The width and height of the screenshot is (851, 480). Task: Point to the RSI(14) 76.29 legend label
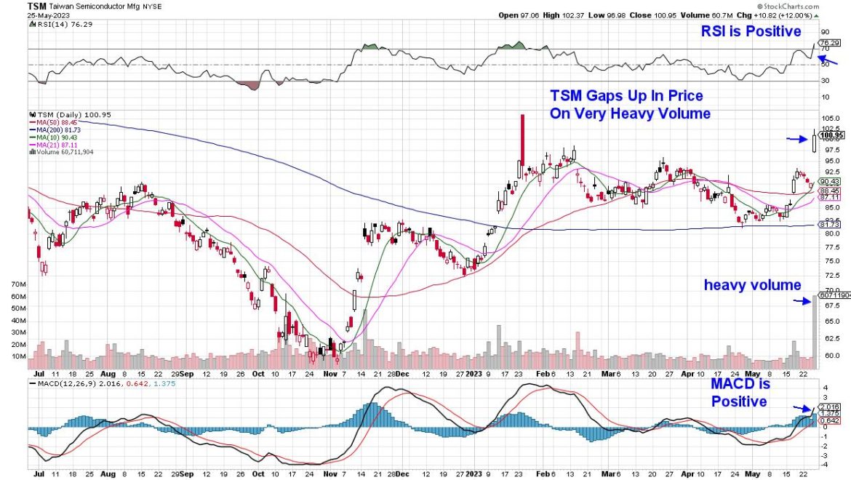pyautogui.click(x=58, y=25)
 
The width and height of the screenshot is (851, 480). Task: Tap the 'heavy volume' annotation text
pyautogui.click(x=752, y=286)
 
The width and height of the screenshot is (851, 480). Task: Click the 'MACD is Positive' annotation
pyautogui.click(x=738, y=393)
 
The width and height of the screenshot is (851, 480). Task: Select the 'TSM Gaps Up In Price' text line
pyautogui.click(x=626, y=96)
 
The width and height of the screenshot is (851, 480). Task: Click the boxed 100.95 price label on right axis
pyautogui.click(x=831, y=135)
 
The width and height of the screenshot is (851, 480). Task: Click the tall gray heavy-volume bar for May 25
pyautogui.click(x=814, y=327)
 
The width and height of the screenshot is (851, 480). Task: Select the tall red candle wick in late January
pyautogui.click(x=522, y=138)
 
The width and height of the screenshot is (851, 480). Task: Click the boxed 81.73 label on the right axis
pyautogui.click(x=830, y=225)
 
